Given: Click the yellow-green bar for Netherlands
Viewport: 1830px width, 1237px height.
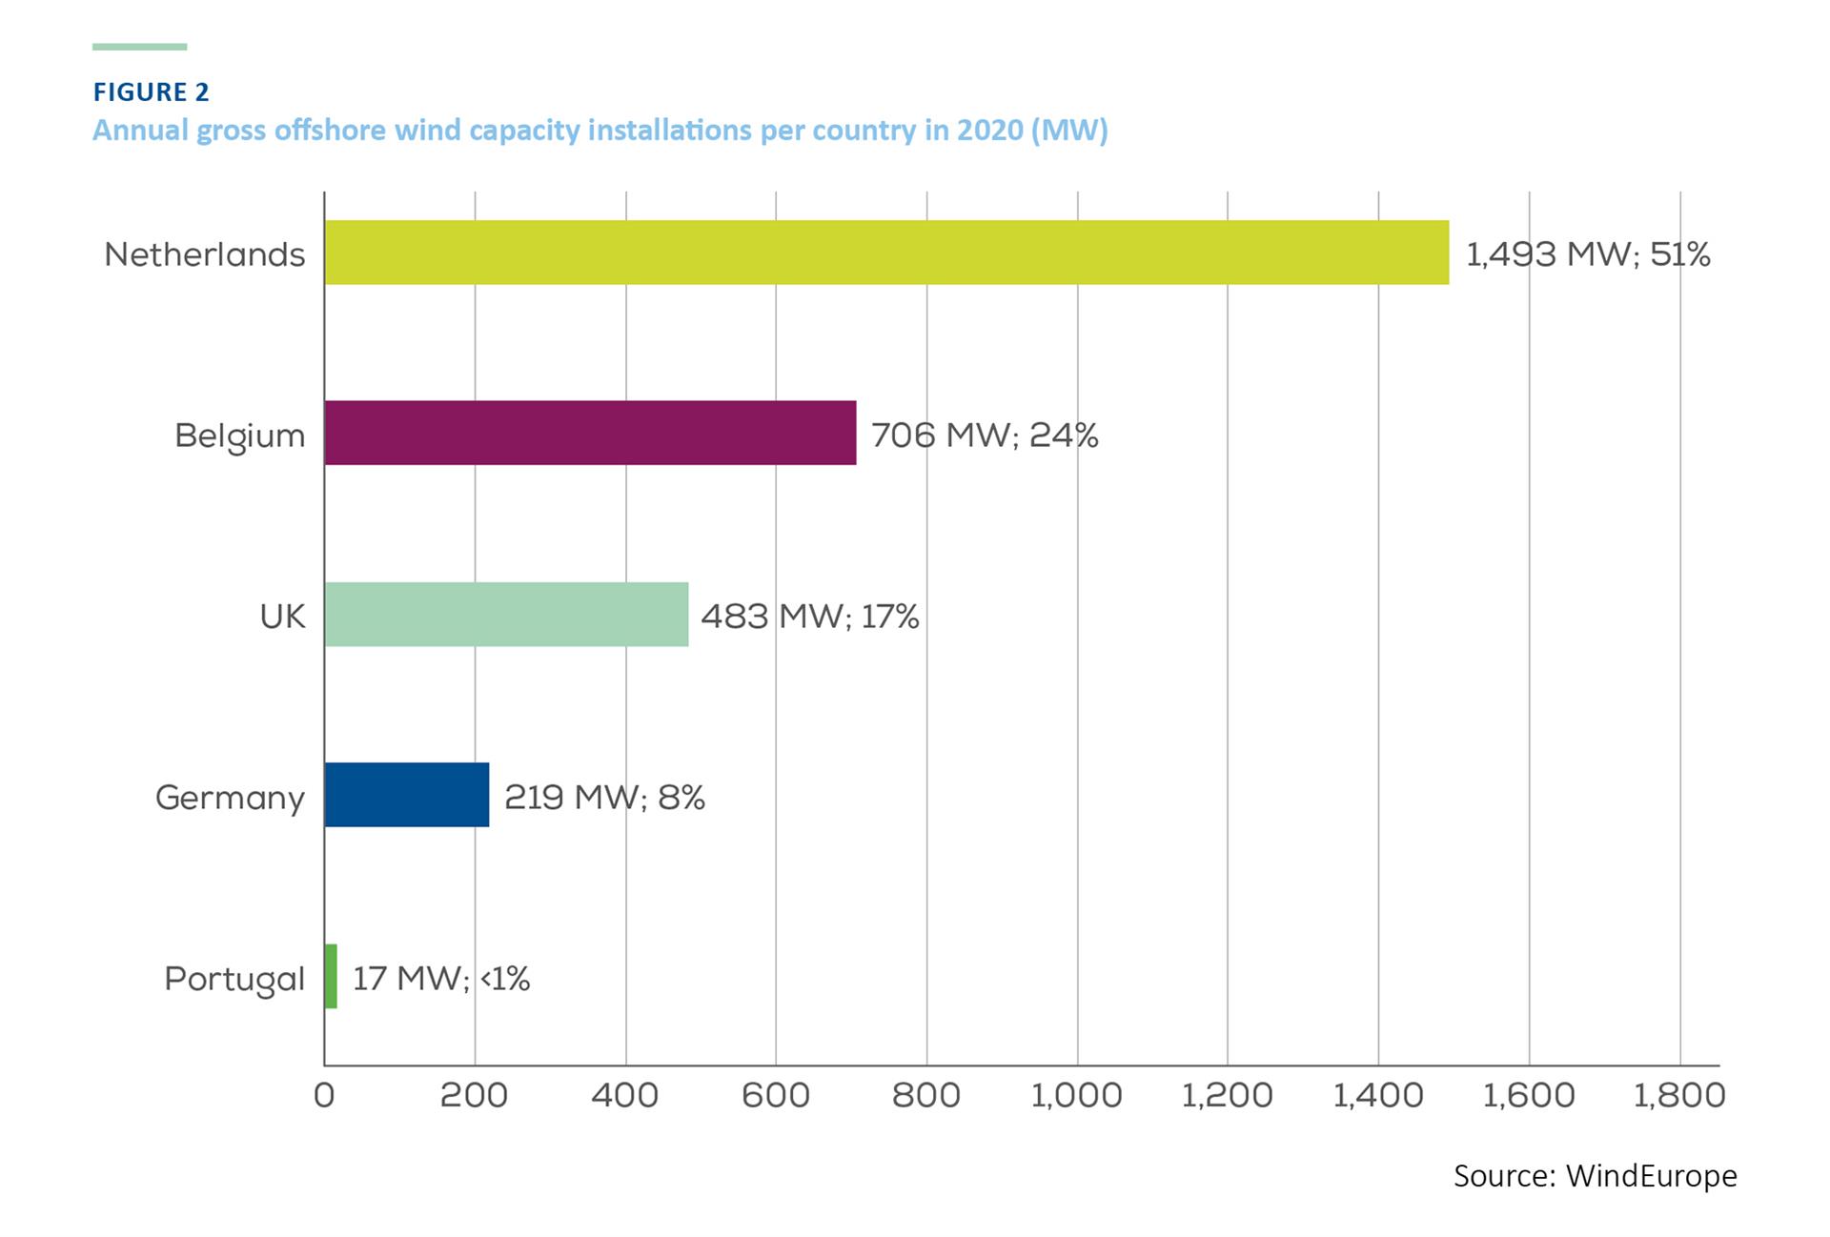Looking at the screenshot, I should [886, 253].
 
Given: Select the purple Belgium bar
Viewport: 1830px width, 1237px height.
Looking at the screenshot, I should [590, 433].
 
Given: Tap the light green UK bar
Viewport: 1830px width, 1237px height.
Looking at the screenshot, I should [506, 615].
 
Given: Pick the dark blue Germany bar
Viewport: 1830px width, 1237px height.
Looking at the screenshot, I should [406, 795].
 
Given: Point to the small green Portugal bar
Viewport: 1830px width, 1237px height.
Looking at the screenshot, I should [331, 976].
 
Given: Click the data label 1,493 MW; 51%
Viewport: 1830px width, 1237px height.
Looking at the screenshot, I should [1587, 254].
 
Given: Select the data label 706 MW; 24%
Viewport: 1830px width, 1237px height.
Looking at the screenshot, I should [984, 436].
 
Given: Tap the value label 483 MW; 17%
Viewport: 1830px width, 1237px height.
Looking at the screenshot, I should [809, 617].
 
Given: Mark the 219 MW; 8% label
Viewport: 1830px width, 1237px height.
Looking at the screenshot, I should [604, 797].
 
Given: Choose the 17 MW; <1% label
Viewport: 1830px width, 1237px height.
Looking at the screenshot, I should [440, 979].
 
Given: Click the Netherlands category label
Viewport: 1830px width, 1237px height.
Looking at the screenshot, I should [205, 254].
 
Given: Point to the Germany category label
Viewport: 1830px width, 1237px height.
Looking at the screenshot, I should [230, 798].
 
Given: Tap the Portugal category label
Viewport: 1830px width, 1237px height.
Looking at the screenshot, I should [234, 979].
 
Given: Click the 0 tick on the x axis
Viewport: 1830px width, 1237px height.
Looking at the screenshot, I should [324, 1095].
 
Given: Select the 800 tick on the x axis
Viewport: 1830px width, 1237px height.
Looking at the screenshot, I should [925, 1095].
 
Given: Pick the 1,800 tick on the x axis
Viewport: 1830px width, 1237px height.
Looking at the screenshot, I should [1678, 1095].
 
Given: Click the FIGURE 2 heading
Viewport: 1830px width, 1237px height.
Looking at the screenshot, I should [151, 91].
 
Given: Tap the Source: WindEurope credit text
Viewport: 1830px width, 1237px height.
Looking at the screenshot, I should [1595, 1176].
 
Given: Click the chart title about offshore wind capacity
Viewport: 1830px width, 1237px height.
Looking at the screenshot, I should [600, 130].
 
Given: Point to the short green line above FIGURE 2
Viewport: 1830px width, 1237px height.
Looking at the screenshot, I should [139, 46].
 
